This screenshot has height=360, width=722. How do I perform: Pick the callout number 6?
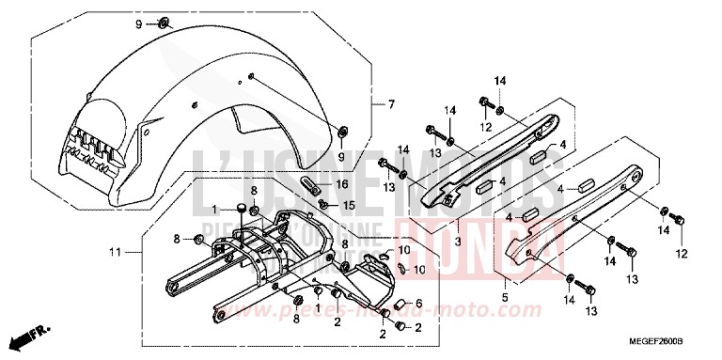coord(419,303)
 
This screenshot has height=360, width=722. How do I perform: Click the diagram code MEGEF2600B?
coord(668,347)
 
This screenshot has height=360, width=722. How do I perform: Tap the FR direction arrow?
coord(29,337)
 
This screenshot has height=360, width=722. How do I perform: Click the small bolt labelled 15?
coord(323,203)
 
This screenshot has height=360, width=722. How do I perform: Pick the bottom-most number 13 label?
coord(592,311)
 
